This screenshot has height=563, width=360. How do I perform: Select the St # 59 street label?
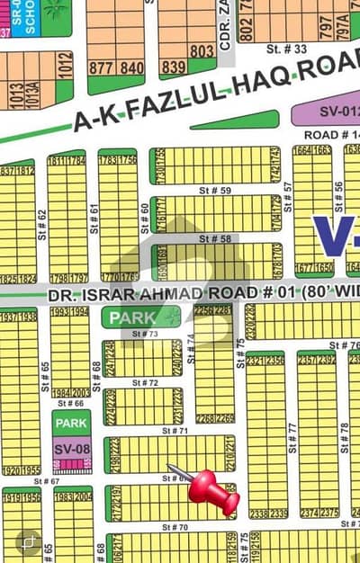click(219, 191)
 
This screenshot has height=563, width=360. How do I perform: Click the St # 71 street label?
click(176, 431)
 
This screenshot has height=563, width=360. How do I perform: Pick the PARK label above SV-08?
click(70, 422)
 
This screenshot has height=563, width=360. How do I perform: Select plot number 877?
click(102, 67)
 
